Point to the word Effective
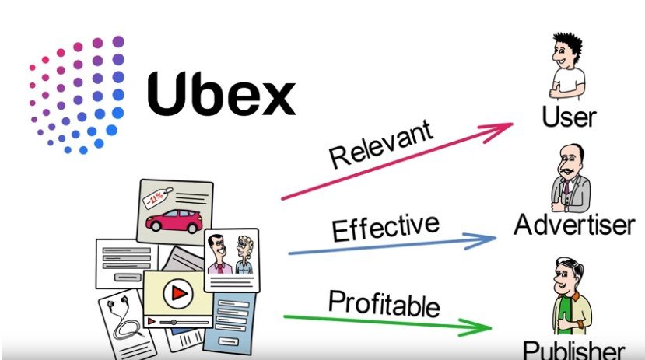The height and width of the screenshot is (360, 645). pos(385,227)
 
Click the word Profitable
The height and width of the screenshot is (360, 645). pos(384,302)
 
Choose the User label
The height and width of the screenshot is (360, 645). pos(569,117)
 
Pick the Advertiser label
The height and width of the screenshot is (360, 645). pos(574,225)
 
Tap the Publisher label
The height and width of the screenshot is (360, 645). pos(573,349)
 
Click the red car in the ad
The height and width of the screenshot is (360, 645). pos(174,221)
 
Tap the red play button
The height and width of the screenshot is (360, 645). pos(180,293)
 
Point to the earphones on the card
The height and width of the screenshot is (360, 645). pos(121,323)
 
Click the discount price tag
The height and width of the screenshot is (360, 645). pos(156,201)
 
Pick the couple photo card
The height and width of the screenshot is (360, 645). pos(232,257)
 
